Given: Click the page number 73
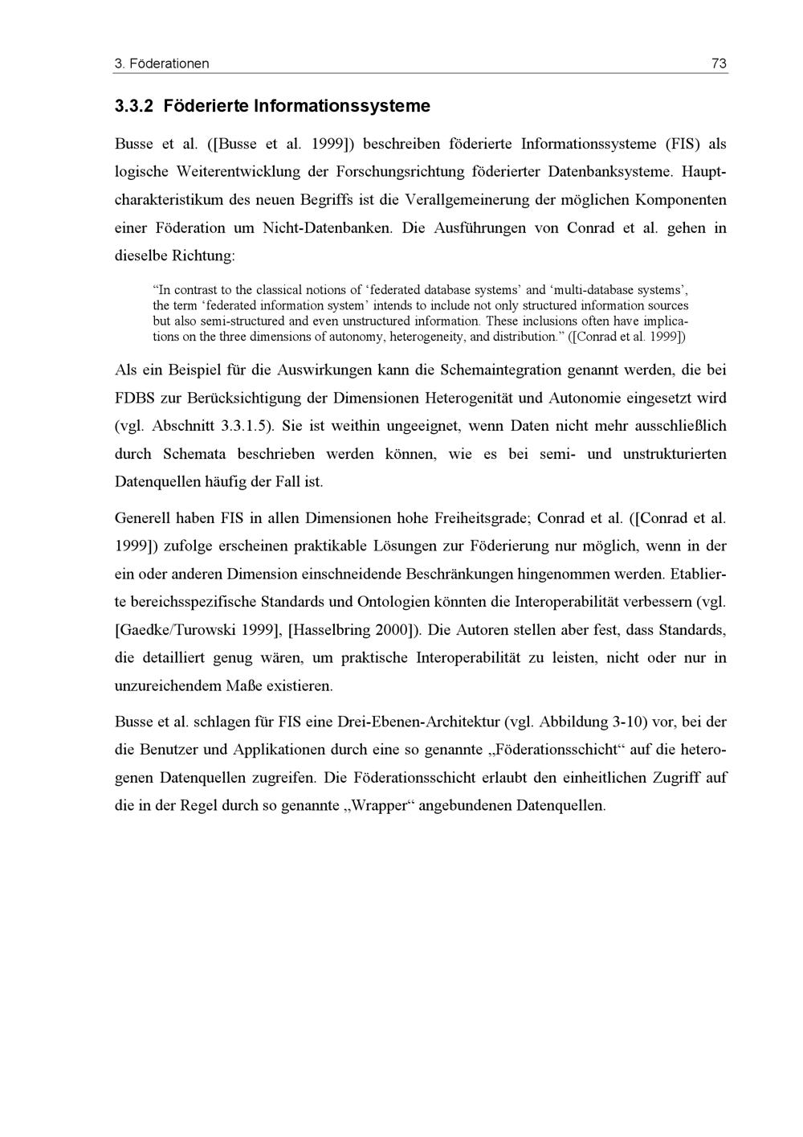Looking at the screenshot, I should tap(719, 63).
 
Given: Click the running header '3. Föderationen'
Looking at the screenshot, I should tap(161, 63).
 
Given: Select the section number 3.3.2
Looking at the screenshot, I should tap(136, 106).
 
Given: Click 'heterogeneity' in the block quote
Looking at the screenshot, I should tap(427, 337).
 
